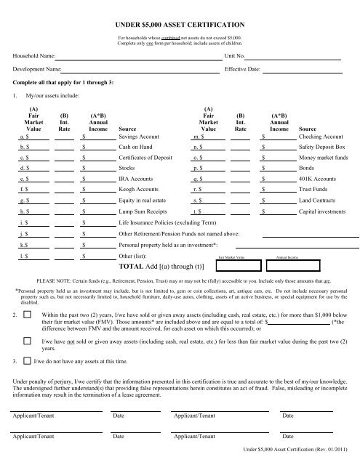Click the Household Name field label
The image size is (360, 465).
(x=33, y=55)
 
